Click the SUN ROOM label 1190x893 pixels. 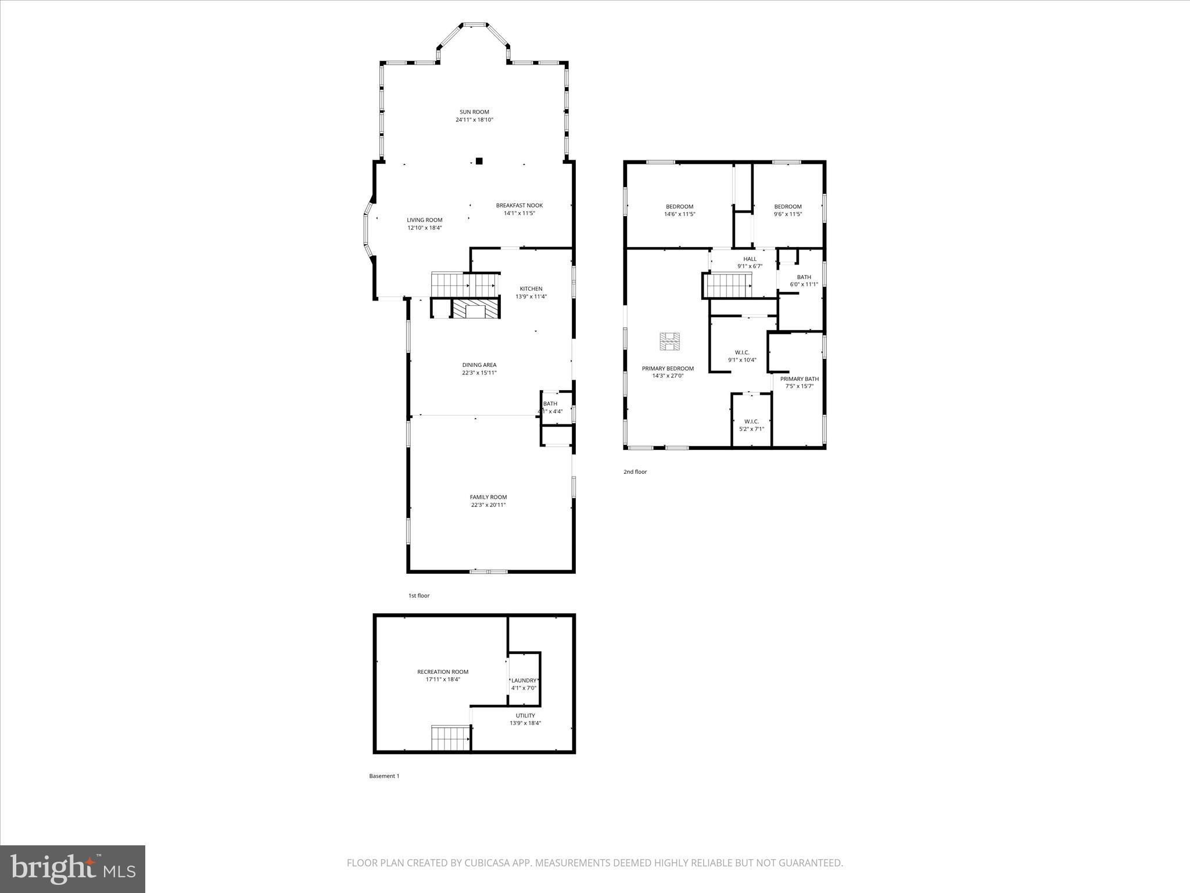(474, 112)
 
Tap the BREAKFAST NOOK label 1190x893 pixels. (519, 205)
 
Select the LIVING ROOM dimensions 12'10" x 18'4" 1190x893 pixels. (424, 228)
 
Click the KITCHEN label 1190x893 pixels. (531, 288)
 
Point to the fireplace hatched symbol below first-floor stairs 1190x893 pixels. (476, 309)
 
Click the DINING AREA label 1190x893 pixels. (479, 365)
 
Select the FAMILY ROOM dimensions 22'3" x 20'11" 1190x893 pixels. (488, 505)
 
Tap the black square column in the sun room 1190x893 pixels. (479, 161)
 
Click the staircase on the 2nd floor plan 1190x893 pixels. (729, 285)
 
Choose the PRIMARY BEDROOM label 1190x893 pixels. (667, 369)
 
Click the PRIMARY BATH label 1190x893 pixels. (799, 378)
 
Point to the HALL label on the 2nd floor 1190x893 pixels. (750, 259)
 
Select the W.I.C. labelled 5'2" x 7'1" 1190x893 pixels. (751, 425)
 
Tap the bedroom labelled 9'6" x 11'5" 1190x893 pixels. (787, 210)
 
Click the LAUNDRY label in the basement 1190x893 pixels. (524, 680)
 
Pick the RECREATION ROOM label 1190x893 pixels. (442, 671)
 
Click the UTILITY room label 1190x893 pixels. (525, 716)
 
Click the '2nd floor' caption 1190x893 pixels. (635, 471)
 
